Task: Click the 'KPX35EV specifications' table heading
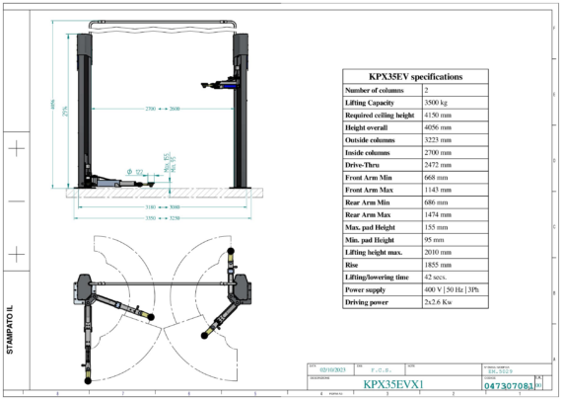pyautogui.click(x=415, y=76)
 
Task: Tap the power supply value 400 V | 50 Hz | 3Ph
pyautogui.click(x=470, y=290)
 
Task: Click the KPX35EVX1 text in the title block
pyautogui.click(x=391, y=384)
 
